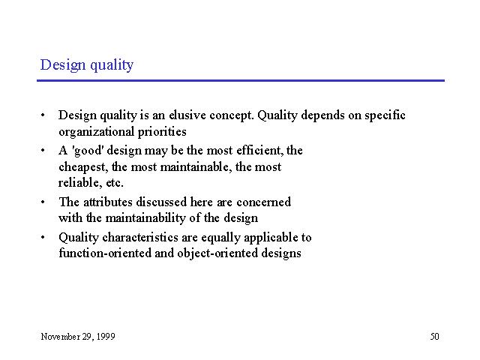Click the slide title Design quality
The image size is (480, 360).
[x=87, y=65]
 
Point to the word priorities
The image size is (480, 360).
[x=162, y=132]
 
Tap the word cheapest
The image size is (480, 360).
[x=83, y=167]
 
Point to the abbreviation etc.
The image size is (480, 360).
[x=115, y=183]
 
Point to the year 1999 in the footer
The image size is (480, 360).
[x=106, y=337]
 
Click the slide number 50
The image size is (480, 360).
[x=435, y=337]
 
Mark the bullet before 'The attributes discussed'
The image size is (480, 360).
[x=43, y=202]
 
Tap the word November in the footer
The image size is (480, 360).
[x=60, y=337]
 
